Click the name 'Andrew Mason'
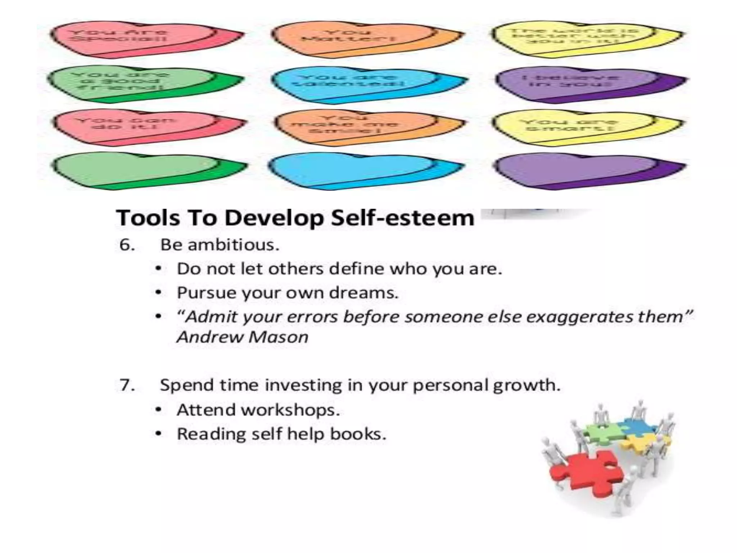[243, 337]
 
